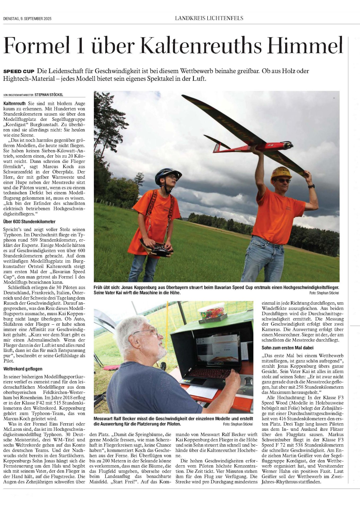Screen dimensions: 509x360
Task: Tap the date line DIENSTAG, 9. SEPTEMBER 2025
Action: coord(27,19)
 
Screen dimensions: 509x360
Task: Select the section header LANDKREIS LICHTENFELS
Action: coord(209,18)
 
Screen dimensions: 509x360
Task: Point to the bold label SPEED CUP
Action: coord(19,72)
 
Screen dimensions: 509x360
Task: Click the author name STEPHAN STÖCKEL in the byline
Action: coord(49,95)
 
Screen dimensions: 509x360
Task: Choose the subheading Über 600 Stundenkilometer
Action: coord(29,222)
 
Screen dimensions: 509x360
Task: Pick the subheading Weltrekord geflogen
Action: coord(23,369)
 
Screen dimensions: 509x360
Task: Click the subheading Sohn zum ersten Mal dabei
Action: coord(288,348)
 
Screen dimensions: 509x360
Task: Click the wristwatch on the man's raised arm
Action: coord(311,186)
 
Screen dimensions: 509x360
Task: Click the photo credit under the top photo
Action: coord(324,293)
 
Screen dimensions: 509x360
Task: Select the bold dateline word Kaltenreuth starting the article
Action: coord(15,103)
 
